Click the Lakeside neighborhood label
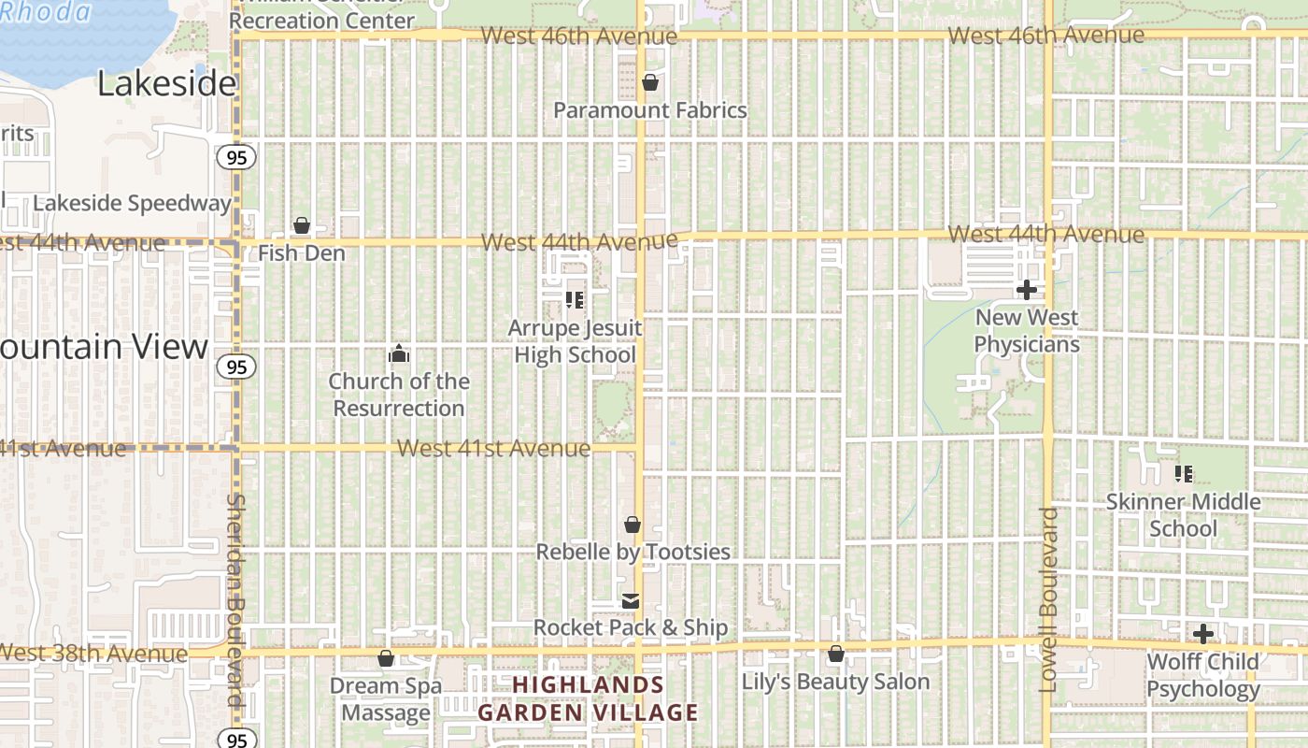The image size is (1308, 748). coord(166,84)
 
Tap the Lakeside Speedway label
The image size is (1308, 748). coord(132,203)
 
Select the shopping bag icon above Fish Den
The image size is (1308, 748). coord(302,225)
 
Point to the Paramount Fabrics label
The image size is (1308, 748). coord(650,110)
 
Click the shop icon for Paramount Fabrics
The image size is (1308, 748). coord(650,83)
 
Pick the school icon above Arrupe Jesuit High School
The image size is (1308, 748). coord(575,300)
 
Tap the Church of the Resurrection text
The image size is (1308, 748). coord(399,395)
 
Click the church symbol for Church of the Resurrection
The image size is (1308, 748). coord(399,354)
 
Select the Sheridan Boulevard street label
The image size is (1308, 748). coord(235,598)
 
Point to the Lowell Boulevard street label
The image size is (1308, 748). coord(1048,598)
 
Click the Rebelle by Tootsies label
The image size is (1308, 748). coord(633,552)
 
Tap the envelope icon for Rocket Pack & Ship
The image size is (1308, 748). coord(632,601)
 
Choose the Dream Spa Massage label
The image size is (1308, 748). coord(386,699)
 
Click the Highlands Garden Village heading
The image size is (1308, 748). coord(588,698)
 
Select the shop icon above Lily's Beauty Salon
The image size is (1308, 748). coord(836,654)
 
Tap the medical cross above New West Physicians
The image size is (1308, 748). coord(1026,291)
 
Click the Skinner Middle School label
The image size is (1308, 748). coord(1183,515)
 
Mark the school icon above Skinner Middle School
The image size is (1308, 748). coord(1184,474)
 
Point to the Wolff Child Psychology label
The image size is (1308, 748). coord(1203,675)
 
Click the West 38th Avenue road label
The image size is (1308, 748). coord(93,653)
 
